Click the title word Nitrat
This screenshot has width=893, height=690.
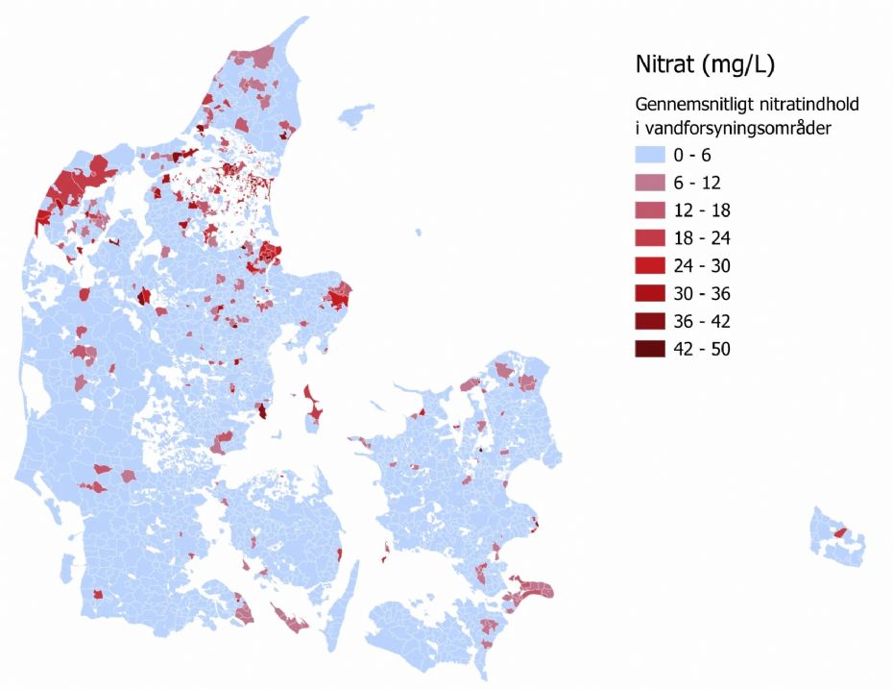pos(666,65)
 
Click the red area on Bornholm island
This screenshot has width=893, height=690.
pos(840,532)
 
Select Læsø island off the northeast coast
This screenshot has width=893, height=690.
pos(357,117)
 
